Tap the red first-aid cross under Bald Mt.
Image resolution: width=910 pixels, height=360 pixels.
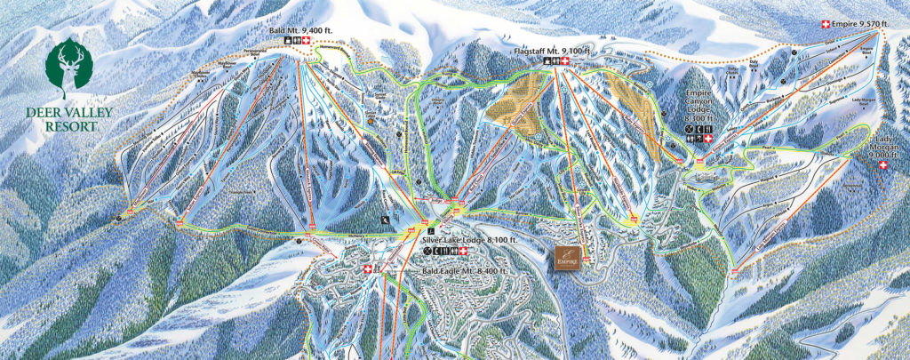[x=308, y=41]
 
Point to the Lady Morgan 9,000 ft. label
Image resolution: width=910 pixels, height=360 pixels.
[x=884, y=147]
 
